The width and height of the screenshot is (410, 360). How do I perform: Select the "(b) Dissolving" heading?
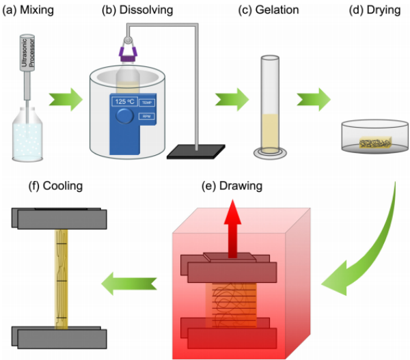(137, 10)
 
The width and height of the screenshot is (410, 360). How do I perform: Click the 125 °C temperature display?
(125, 102)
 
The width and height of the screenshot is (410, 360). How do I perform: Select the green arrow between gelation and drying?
(313, 102)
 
